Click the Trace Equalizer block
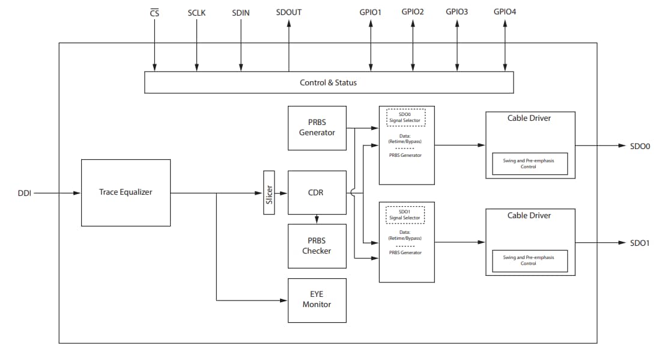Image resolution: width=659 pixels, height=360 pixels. pos(126,192)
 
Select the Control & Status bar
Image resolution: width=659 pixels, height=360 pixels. pos(329,82)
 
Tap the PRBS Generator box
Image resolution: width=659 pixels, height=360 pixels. pos(317,128)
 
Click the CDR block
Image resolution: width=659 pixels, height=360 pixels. pos(317,192)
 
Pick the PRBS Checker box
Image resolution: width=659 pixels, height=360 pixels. pos(317,246)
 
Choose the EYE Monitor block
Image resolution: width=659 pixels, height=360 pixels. pos(317,299)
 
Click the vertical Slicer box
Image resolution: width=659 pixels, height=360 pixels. pos(269,192)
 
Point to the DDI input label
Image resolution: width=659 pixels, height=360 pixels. pos(25,194)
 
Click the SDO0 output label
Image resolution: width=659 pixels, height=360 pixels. pos(640,146)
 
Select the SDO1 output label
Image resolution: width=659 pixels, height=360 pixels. pos(640,243)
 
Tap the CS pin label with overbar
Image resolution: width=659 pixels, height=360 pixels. pos(154,12)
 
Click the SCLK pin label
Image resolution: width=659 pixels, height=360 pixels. pos(196,12)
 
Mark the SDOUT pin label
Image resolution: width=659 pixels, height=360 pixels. pos(288,12)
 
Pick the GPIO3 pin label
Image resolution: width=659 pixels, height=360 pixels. pos(457,12)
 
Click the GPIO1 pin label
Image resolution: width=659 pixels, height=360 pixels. pos(371,12)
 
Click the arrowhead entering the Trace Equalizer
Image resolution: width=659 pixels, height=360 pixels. pos(77,194)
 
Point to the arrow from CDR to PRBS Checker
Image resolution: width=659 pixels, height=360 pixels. pos(317,219)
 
